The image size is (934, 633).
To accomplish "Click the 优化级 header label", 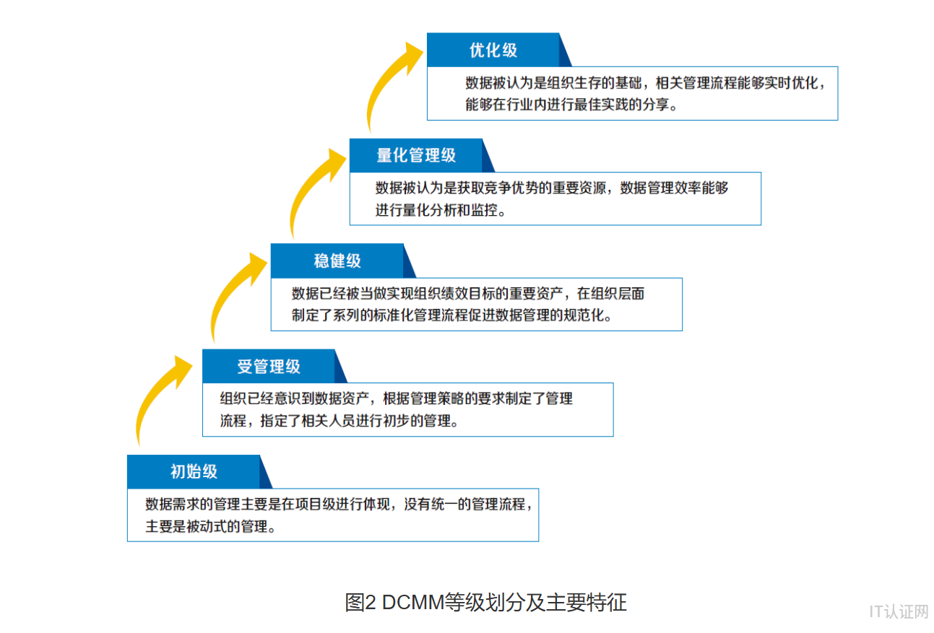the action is pos(493,51).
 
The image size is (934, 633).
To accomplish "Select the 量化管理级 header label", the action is pos(416,155).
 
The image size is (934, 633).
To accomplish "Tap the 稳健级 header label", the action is pos(337,261).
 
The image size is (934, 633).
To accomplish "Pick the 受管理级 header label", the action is pos(269,367).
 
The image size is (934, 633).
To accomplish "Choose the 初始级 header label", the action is pos(194,472).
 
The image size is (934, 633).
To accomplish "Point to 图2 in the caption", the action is pos(360,603).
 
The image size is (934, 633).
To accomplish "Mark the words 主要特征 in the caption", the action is pos(587,603).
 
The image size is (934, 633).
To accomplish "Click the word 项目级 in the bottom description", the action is pos(315,505).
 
